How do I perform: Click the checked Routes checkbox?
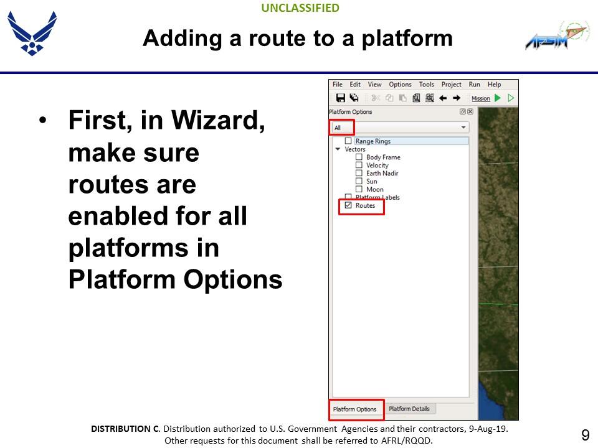[x=348, y=205]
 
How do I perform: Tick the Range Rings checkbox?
[x=348, y=141]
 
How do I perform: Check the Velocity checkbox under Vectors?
[x=359, y=165]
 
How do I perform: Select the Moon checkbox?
[x=359, y=189]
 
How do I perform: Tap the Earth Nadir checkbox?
[x=359, y=173]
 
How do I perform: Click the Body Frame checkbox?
[x=359, y=157]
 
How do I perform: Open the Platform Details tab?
[x=409, y=409]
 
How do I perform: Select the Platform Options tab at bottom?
[x=354, y=409]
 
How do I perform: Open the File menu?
[x=338, y=84]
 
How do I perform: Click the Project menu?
[x=451, y=84]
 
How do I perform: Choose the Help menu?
[x=494, y=84]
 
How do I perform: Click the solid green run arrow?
[x=498, y=98]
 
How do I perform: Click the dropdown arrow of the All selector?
[x=463, y=127]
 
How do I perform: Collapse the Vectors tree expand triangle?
[x=338, y=149]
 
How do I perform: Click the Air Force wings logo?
[x=32, y=33]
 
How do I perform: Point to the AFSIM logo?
[x=558, y=35]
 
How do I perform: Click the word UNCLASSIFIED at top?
[x=300, y=8]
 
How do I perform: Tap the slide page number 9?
[x=586, y=435]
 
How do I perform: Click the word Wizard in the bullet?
[x=218, y=120]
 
